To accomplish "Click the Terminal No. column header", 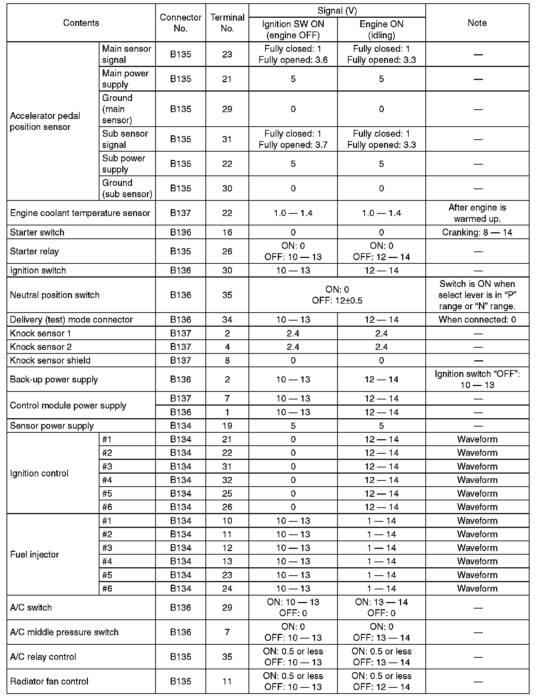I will pos(227,23).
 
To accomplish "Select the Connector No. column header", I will pos(180,23).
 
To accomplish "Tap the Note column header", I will pos(477,23).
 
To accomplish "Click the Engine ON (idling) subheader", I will pos(381,30).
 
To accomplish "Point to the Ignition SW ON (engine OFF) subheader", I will pos(293,30).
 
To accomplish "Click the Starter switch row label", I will pos(37,232).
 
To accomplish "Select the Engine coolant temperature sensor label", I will pos(80,213).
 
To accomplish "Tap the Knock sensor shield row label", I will pos(50,360).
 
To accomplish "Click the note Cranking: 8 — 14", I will pos(477,232).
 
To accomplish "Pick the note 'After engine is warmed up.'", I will pos(477,213).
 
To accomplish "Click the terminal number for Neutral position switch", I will pos(227,295).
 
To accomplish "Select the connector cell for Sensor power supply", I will pos(180,426).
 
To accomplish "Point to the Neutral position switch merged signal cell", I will pos(337,295).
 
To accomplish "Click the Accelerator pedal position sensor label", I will pos(45,121).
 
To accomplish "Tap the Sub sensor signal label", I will pos(125,139).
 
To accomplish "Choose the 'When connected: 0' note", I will pos(477,319).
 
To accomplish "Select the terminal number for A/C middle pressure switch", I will pos(227,632).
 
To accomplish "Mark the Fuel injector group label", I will pos(35,554).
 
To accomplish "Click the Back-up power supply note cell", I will pos(477,379).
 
